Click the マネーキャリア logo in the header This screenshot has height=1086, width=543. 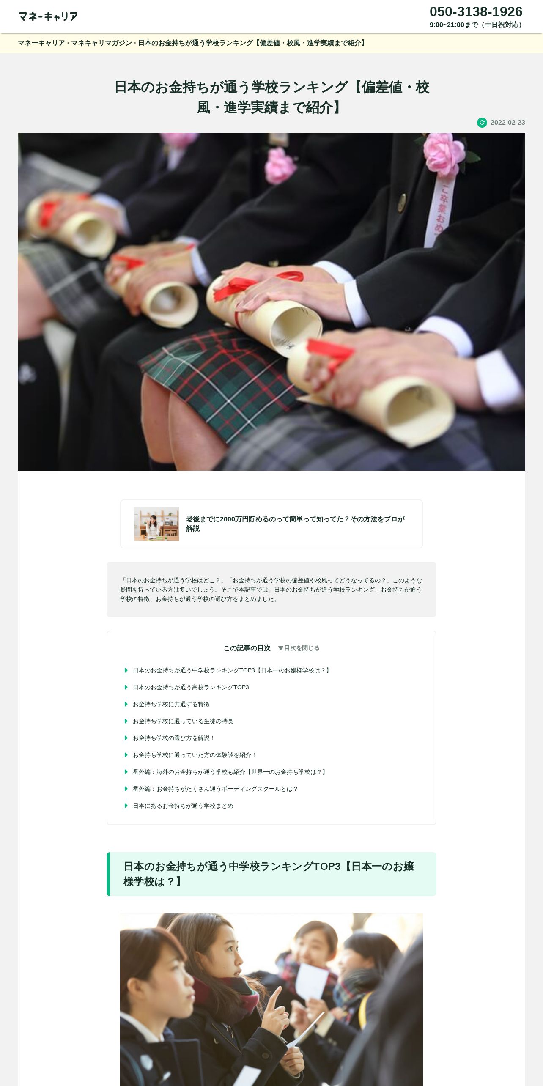(x=48, y=16)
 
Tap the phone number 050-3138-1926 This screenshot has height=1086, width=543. (x=476, y=11)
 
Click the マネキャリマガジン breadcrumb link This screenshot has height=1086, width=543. (x=101, y=43)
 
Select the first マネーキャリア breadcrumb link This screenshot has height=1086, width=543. (x=41, y=43)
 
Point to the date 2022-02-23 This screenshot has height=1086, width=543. (x=507, y=123)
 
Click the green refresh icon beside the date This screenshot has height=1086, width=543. (x=482, y=123)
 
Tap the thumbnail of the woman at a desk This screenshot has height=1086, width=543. (x=157, y=524)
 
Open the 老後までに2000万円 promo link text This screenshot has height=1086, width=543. (x=295, y=524)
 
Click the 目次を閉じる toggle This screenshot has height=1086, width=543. (x=299, y=648)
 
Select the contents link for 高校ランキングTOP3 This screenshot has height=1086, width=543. (x=191, y=687)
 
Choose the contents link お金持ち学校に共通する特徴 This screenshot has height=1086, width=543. (x=171, y=704)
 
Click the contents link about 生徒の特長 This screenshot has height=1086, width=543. (x=183, y=721)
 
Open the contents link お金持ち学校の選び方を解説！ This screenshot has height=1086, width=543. (x=174, y=738)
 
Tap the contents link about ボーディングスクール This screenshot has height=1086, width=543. (x=216, y=789)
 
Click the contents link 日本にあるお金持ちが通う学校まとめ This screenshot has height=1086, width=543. (x=183, y=806)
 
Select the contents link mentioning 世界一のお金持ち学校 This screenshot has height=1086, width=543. (x=230, y=772)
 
